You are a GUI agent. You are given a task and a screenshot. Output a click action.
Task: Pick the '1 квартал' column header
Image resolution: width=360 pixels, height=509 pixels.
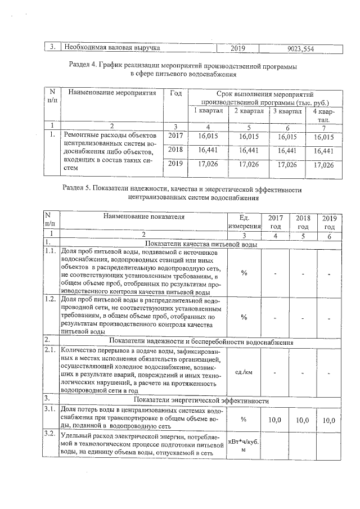(208, 111)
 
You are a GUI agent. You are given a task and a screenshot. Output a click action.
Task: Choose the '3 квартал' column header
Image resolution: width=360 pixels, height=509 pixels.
(287, 111)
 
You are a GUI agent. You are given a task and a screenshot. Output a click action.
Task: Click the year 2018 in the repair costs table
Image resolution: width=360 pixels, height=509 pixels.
(177, 150)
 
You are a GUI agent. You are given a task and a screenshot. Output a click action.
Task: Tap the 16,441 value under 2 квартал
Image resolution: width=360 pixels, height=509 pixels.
(248, 150)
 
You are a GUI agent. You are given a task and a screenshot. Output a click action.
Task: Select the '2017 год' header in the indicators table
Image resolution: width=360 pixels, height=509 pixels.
(276, 221)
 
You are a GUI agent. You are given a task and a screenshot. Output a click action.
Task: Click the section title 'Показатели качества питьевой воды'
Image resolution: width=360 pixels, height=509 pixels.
(201, 245)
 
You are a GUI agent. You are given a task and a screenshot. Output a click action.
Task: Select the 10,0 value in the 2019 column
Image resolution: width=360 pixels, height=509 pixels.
(329, 420)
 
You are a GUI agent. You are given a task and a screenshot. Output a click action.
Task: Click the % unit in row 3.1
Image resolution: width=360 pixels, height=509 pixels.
(244, 420)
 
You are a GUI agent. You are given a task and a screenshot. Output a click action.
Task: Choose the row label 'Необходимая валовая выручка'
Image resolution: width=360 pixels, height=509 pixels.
(113, 48)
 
